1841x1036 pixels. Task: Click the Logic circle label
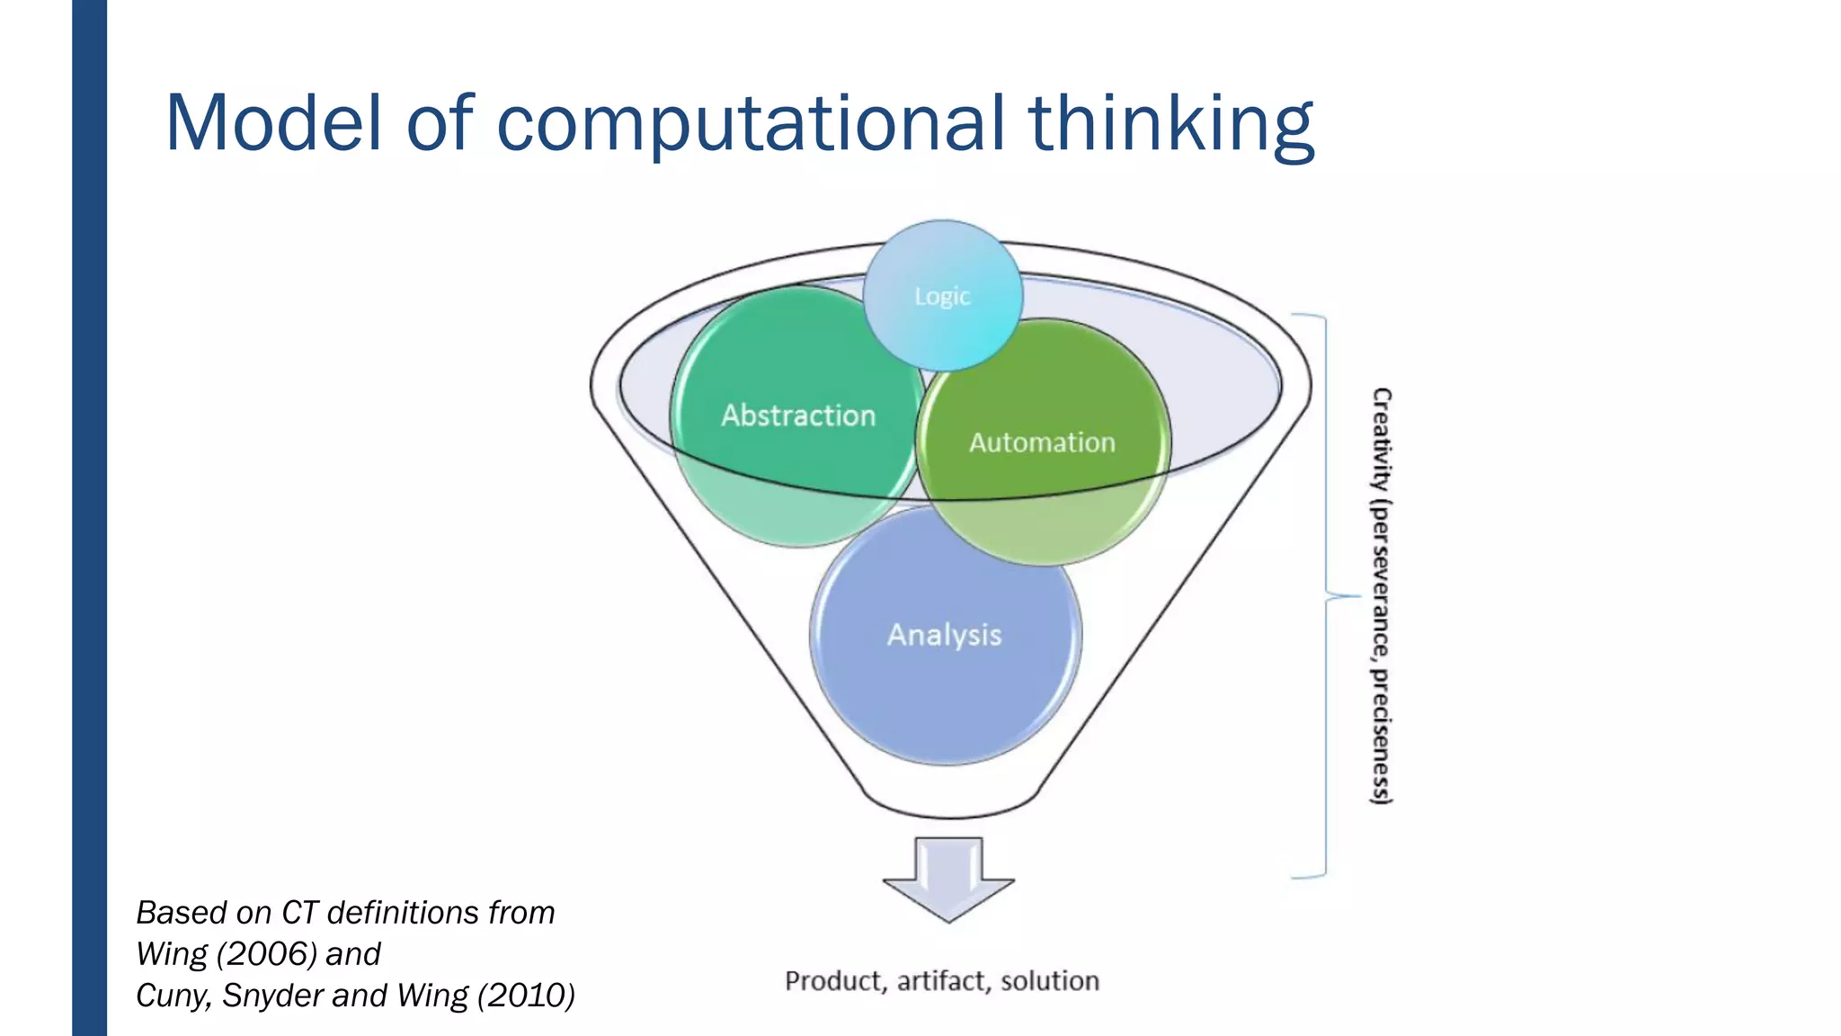(x=942, y=296)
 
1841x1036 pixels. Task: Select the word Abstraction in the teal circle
(x=798, y=415)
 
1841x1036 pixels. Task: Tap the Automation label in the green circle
(x=1042, y=442)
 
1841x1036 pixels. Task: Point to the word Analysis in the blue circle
(x=944, y=635)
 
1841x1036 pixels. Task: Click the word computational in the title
(x=751, y=124)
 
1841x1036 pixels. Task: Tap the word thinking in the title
(x=1171, y=124)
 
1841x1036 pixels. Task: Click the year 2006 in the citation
(x=267, y=953)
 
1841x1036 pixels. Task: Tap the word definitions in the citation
(x=403, y=912)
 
